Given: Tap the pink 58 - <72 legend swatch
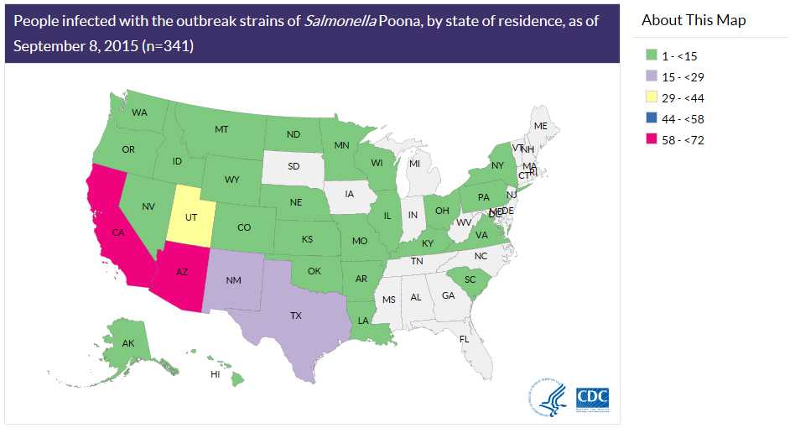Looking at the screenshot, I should coord(651,140).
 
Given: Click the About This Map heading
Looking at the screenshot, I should coord(693,20).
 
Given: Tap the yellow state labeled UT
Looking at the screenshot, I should coord(191,216).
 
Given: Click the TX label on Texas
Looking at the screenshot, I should coord(295,316).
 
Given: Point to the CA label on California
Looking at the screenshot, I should coord(118,232).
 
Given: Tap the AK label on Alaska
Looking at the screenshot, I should coord(128,343).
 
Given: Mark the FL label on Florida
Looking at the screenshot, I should coord(464,338).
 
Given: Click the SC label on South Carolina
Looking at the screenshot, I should coord(470,279).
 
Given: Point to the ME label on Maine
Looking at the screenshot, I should coord(541,126).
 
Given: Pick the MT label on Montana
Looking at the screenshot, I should coord(221,129).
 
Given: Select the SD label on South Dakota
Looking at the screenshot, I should coord(294,166).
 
